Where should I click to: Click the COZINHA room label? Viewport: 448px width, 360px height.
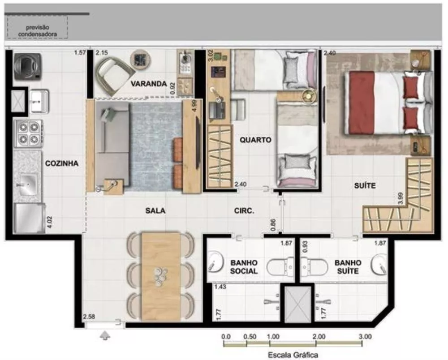coord(62,164)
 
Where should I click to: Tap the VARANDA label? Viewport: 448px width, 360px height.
coord(149,84)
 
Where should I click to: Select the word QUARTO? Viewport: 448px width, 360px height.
coord(255,140)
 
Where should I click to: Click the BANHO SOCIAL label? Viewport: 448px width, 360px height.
coord(244,267)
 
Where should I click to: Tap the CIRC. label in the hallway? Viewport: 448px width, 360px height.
coord(244,210)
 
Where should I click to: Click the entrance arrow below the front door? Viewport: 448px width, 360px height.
coord(105,335)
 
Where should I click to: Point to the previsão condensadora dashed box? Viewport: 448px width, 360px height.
coord(37,27)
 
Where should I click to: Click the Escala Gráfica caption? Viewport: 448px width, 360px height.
coord(293,355)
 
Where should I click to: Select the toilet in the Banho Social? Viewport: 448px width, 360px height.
coord(280,268)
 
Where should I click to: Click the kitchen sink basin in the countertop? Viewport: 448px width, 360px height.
coord(28,183)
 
